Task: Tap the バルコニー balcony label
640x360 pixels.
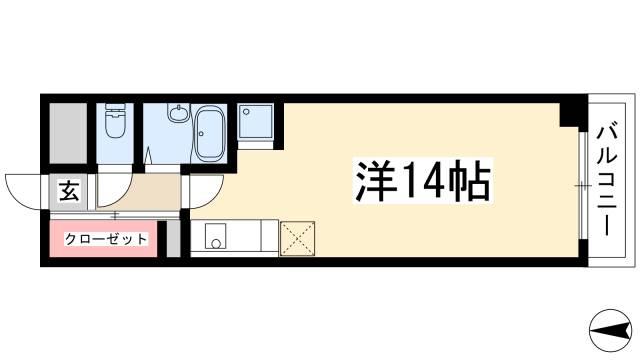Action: (607, 180)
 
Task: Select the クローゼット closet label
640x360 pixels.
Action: (106, 239)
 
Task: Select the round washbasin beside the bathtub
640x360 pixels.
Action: (180, 116)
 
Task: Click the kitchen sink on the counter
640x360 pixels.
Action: (215, 240)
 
